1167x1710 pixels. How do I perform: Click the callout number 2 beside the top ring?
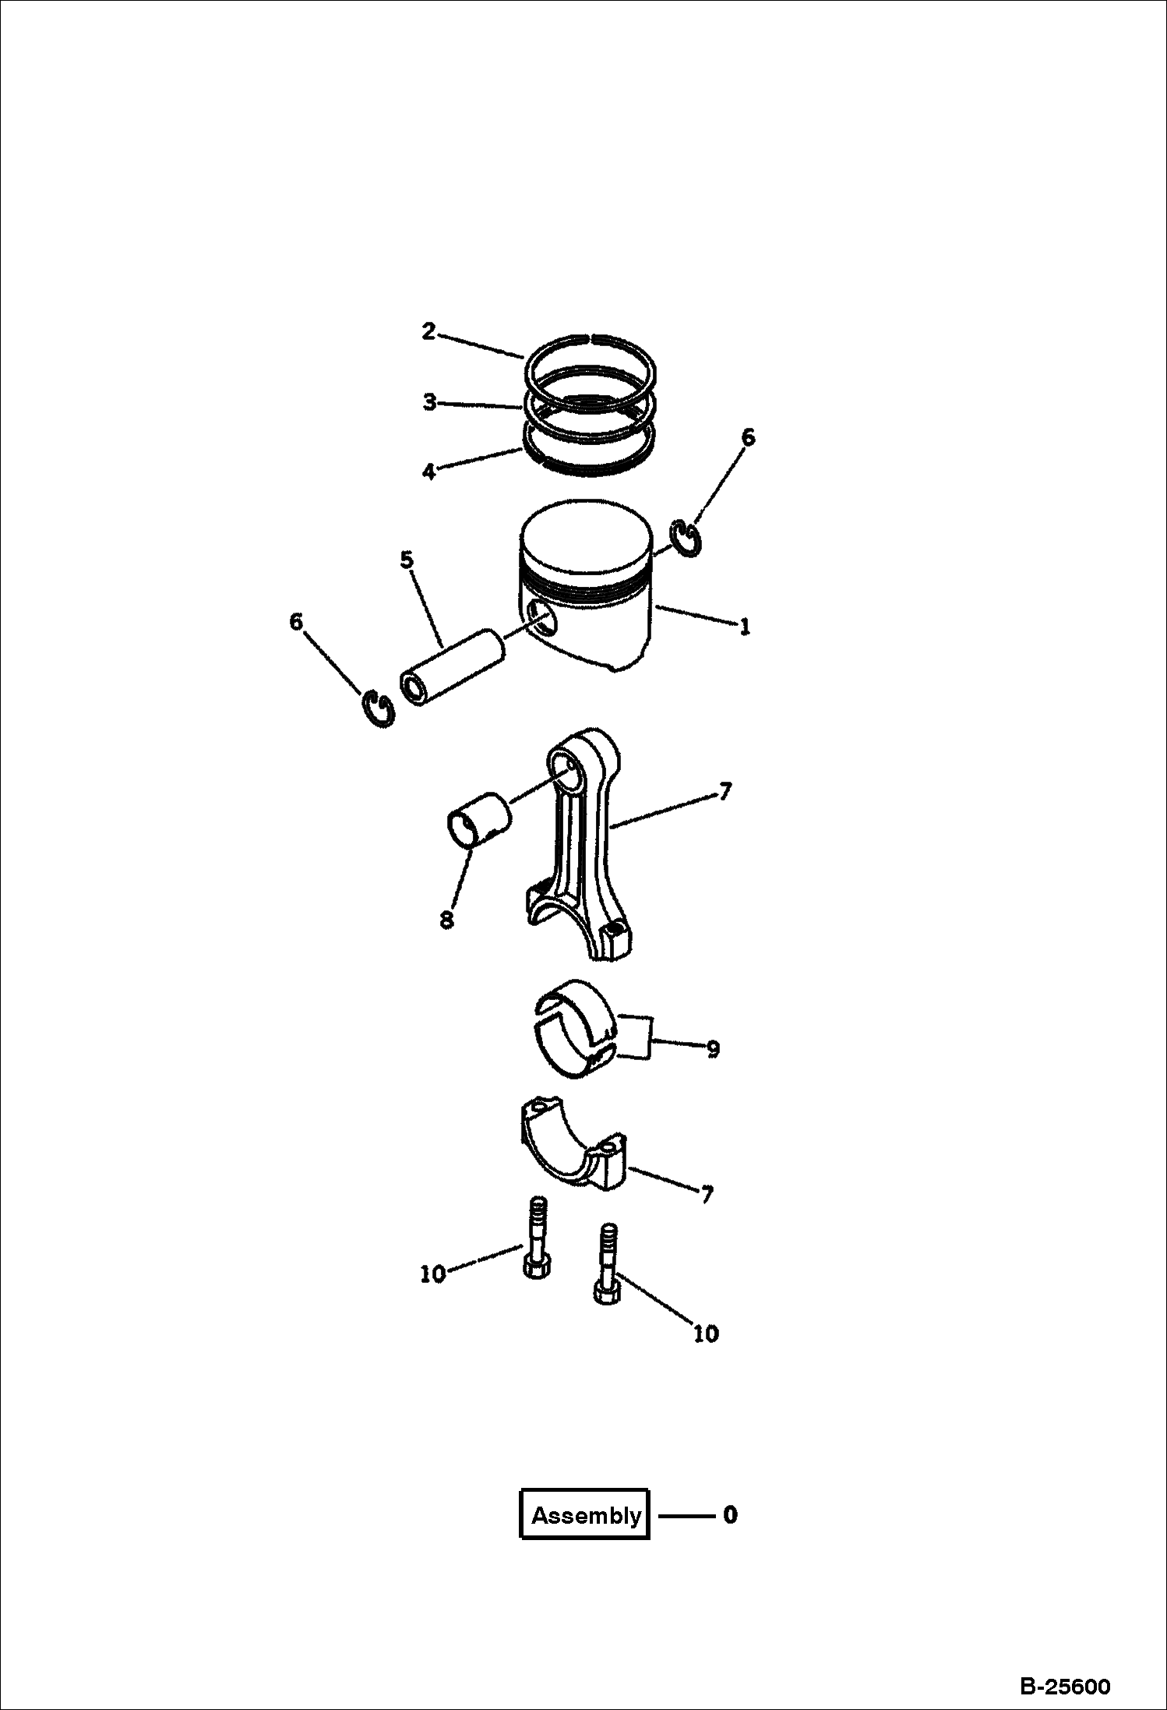[428, 331]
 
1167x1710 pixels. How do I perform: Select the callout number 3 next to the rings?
[430, 402]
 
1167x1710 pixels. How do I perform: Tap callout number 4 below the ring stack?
[428, 471]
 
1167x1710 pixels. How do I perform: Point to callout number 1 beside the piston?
[746, 626]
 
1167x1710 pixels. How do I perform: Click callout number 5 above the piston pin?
[407, 560]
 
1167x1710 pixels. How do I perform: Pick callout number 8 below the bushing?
[446, 920]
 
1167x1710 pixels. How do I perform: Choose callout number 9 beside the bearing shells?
[713, 1049]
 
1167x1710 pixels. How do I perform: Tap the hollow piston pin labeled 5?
[452, 666]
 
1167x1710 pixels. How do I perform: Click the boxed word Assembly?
[586, 1515]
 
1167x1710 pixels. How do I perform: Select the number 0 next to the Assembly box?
[730, 1514]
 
